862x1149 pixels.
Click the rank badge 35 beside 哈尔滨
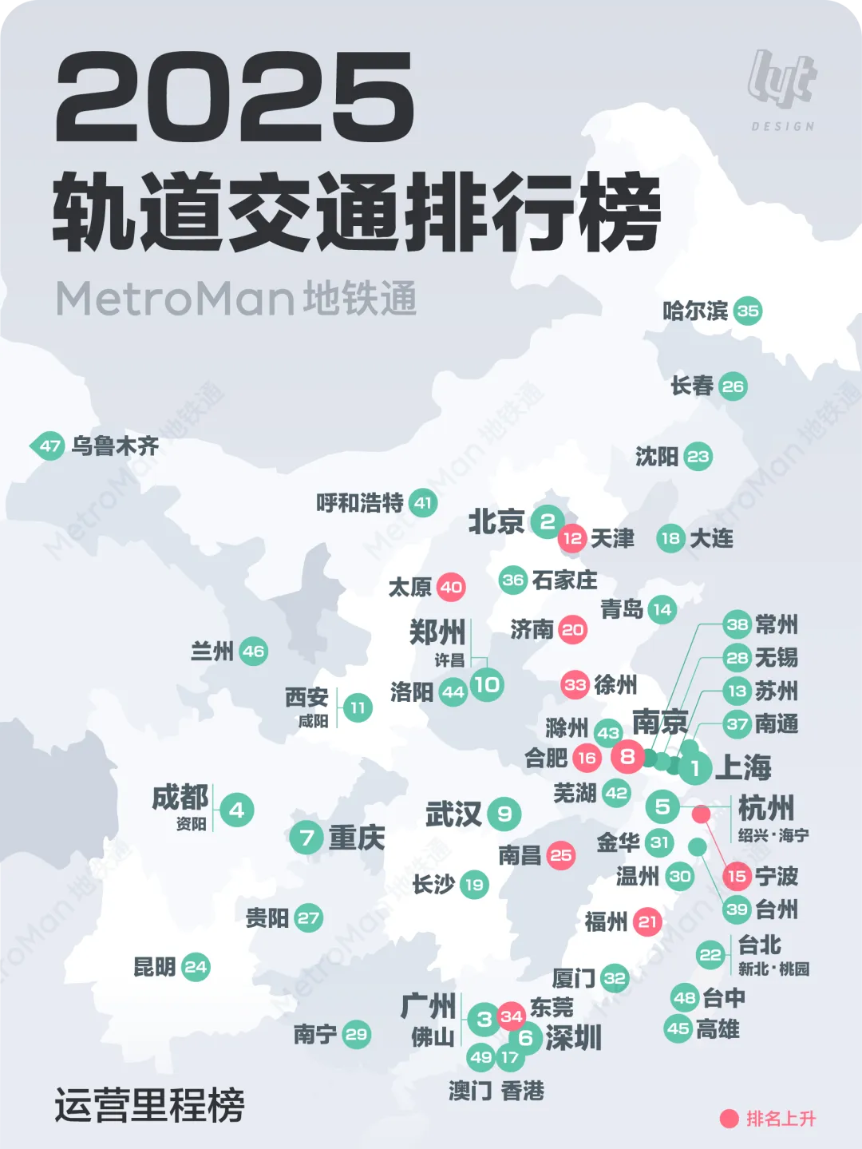[748, 311]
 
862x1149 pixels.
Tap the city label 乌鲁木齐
[115, 446]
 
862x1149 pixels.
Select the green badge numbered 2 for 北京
[548, 522]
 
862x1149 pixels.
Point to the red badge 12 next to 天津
[572, 538]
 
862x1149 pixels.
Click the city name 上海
[743, 767]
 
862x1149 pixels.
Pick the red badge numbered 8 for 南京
[628, 756]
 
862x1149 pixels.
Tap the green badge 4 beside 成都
[236, 810]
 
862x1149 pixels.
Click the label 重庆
[356, 838]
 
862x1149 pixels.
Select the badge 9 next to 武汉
[504, 814]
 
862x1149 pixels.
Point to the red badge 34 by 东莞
[511, 1016]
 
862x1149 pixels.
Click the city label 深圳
[573, 1038]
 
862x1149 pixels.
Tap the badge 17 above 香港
[509, 1058]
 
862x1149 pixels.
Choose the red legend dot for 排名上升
[729, 1119]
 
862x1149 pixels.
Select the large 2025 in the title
[235, 99]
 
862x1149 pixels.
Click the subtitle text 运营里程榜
[150, 1105]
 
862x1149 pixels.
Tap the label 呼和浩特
[360, 503]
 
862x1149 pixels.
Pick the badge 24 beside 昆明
[196, 968]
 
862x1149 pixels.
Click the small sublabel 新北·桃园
[773, 969]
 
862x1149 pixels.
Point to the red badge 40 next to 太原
[451, 588]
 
